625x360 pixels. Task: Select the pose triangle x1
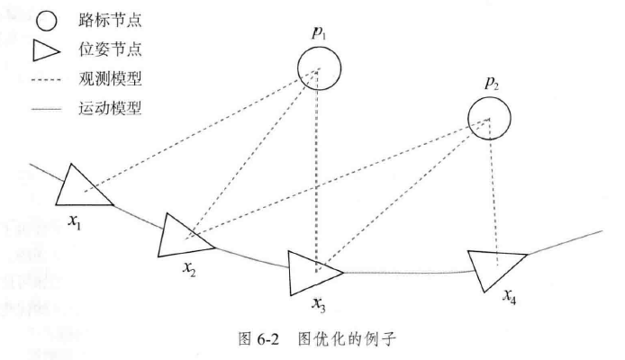(x=83, y=186)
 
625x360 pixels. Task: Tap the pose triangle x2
(x=186, y=235)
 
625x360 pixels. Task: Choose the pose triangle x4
(x=495, y=266)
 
